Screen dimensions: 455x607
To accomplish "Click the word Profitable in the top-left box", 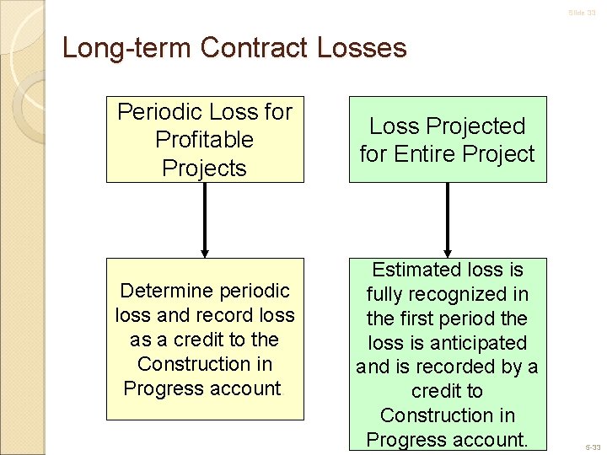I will click(204, 139).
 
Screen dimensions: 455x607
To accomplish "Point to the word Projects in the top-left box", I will click(204, 168).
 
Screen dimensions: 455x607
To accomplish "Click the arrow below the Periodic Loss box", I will click(205, 220).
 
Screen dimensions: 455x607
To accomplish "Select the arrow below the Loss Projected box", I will click(447, 220).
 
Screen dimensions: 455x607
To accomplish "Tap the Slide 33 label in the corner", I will click(582, 13).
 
